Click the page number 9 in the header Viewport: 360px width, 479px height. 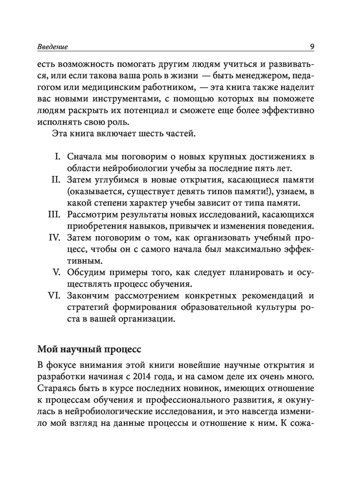click(312, 46)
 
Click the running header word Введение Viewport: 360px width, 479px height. click(52, 47)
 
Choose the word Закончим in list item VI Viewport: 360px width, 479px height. click(90, 295)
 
